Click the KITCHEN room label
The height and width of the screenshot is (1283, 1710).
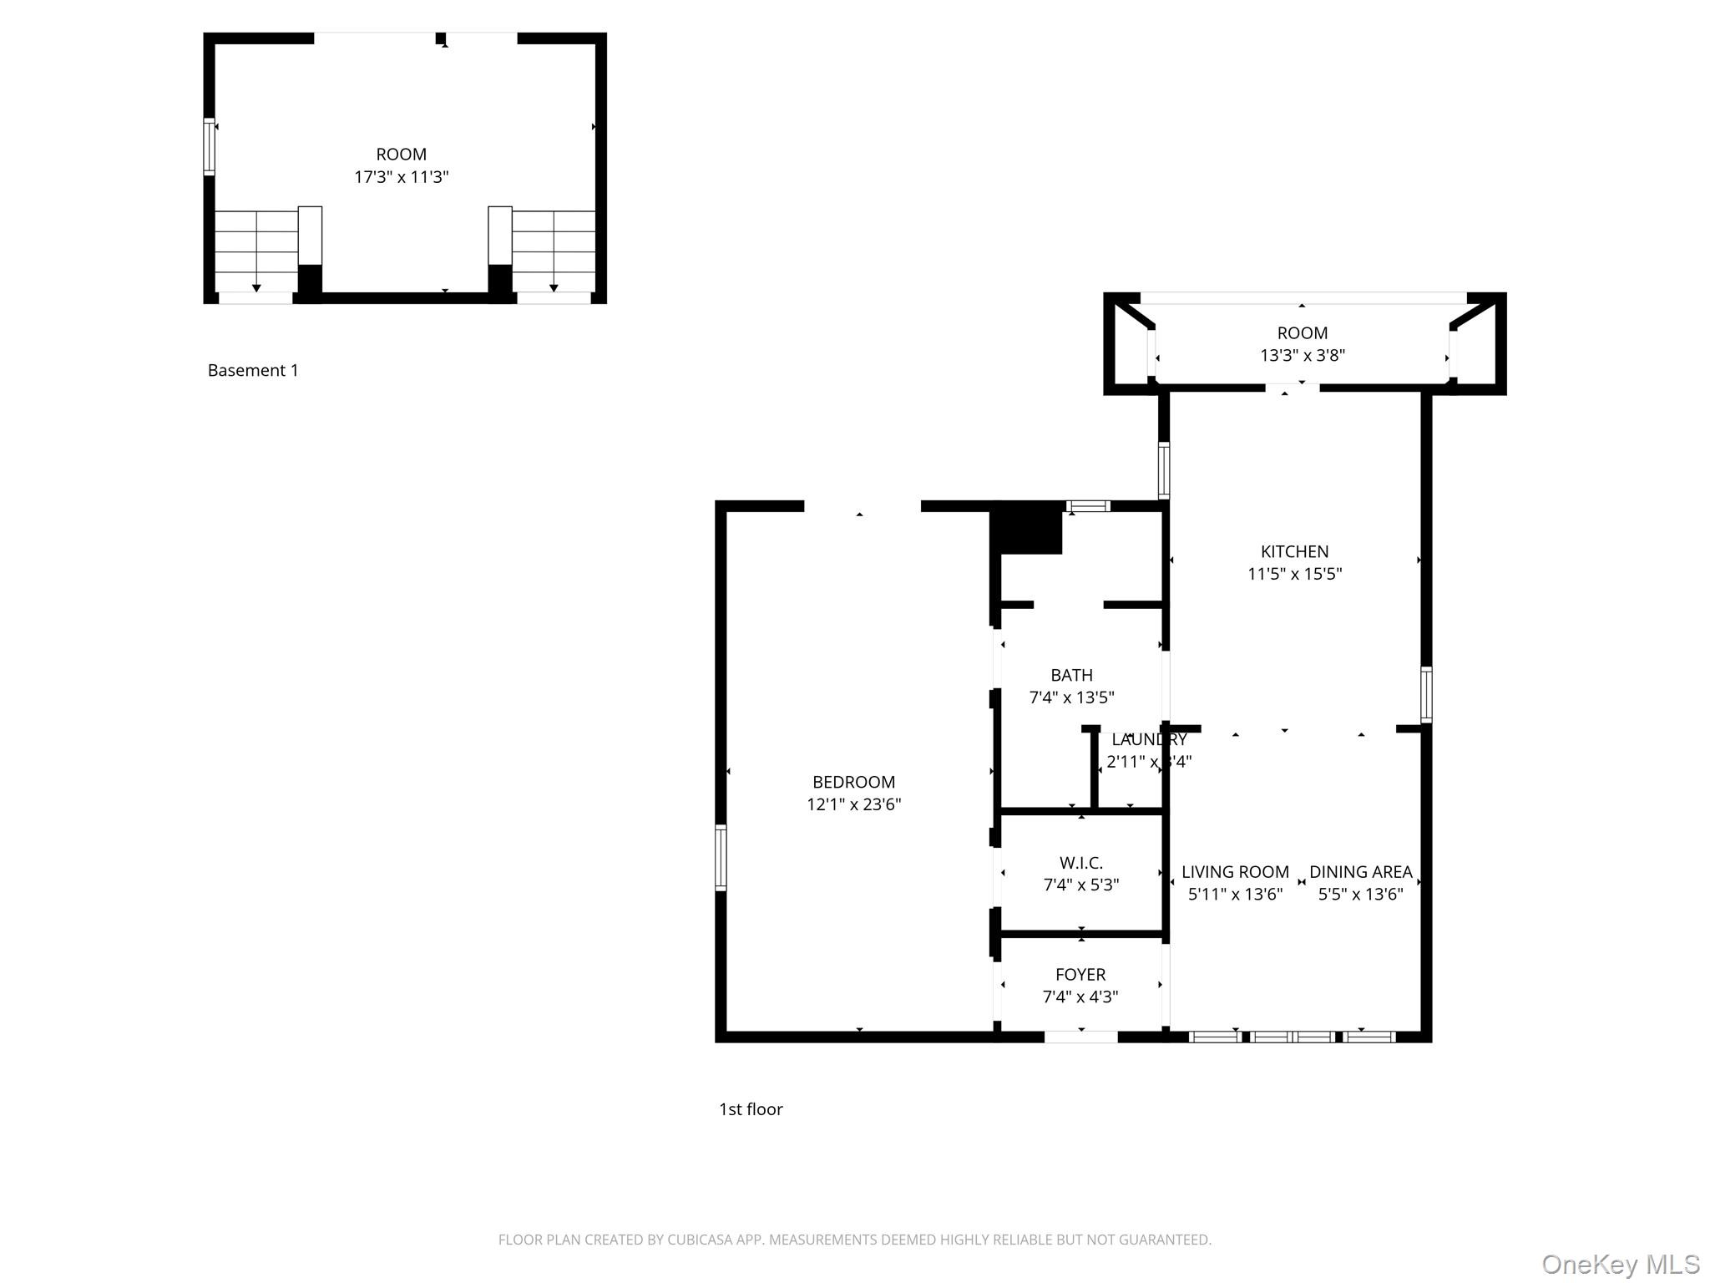(1294, 551)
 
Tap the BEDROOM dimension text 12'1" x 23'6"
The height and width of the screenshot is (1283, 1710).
(853, 804)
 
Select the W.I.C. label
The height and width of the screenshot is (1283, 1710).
(1081, 863)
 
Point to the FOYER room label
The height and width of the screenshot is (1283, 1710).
(1080, 974)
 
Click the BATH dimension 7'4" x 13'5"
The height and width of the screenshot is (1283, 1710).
(1071, 697)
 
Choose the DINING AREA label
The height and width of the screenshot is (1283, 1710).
(1360, 872)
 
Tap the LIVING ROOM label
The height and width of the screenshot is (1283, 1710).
(1235, 872)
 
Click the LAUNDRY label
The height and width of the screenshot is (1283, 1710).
(1148, 739)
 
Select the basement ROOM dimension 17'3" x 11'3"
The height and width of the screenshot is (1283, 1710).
(402, 177)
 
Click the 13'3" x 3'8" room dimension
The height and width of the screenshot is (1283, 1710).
(1302, 355)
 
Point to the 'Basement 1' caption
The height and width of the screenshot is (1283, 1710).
(253, 370)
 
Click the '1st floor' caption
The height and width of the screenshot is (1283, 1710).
(751, 1109)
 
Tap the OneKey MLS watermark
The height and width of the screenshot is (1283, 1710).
(1620, 1264)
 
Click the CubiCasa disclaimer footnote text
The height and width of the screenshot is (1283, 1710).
(854, 1240)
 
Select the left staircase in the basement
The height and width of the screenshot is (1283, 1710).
(256, 251)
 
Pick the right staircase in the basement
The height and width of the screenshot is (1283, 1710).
(553, 251)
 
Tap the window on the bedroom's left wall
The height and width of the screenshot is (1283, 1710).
(721, 857)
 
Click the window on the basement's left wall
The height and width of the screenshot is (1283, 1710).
(209, 146)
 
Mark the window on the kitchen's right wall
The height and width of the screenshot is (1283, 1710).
(1426, 694)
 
